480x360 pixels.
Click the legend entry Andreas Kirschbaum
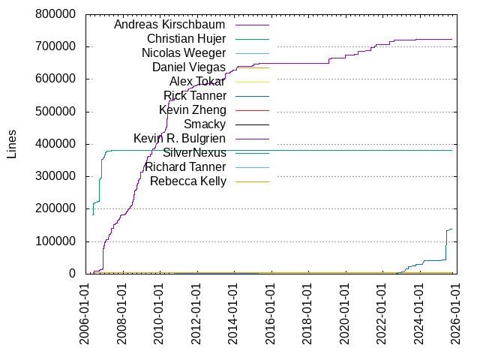click(169, 25)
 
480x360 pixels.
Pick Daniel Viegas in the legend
click(188, 67)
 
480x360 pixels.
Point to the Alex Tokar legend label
click(197, 82)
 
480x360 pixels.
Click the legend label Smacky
click(204, 124)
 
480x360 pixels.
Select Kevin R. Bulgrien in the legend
click(179, 139)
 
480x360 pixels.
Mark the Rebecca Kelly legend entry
click(187, 181)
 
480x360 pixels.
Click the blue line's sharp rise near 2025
click(445, 244)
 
